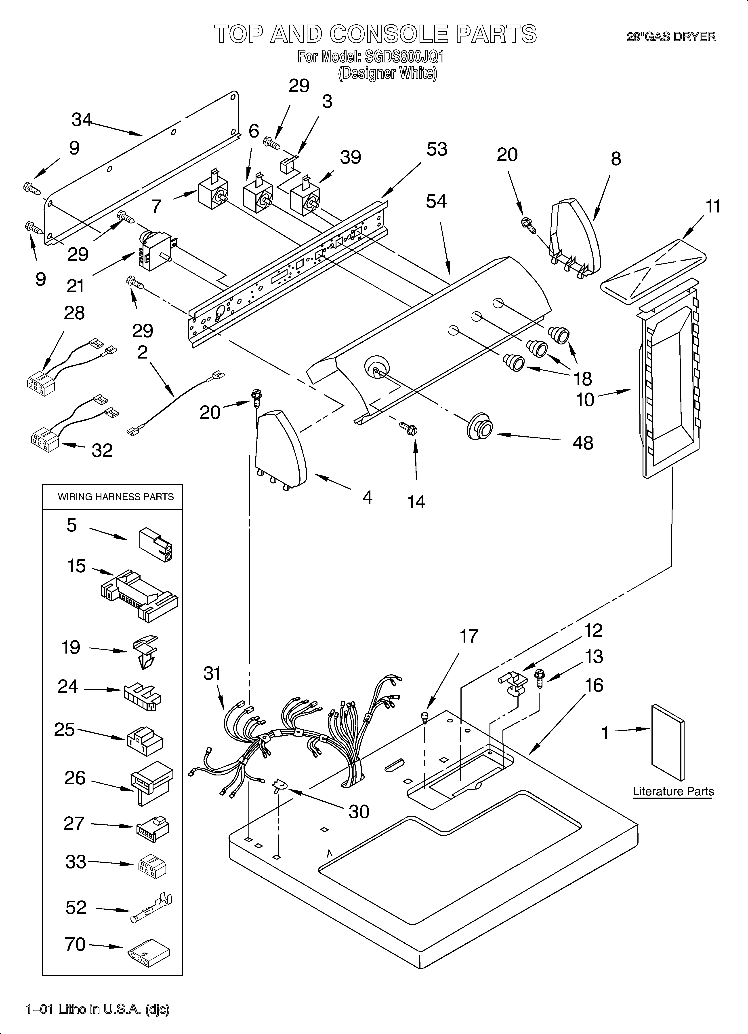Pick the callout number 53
436,149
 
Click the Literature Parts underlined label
673,792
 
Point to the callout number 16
594,685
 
